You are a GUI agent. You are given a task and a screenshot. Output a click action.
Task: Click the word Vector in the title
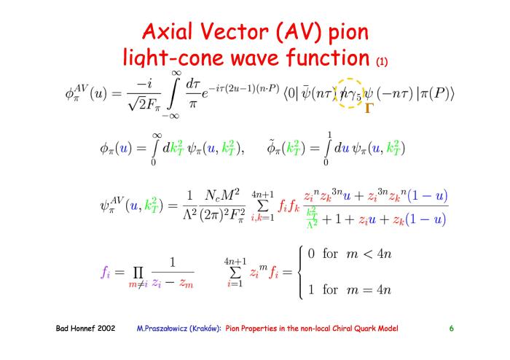coord(234,31)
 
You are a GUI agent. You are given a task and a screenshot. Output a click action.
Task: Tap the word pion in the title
coord(348,33)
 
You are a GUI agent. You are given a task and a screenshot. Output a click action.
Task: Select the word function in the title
coord(328,58)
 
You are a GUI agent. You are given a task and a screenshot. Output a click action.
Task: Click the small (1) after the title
coord(382,61)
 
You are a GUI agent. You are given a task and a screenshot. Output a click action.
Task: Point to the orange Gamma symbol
coord(369,108)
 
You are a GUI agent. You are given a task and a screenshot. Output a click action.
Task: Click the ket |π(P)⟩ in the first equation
coord(436,94)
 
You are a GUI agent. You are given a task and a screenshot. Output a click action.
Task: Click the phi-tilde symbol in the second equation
coord(272,148)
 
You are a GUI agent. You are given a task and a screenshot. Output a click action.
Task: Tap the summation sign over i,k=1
coord(263,206)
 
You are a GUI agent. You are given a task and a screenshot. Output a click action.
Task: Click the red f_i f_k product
coord(289,206)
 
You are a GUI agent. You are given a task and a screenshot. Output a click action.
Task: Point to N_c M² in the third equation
coord(222,195)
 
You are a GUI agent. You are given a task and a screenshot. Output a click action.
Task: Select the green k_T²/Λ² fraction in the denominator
coord(312,218)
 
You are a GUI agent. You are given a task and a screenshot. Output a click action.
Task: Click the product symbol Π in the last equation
coord(138,273)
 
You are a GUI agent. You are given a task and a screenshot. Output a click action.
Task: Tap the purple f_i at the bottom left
coord(106,272)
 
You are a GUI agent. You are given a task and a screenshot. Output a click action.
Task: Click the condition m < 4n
coord(368,254)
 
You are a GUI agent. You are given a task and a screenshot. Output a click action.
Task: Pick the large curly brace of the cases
coord(301,273)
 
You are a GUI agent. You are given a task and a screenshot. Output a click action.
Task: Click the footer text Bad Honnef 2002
coord(85,328)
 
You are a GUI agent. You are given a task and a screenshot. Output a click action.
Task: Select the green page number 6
coord(452,329)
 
